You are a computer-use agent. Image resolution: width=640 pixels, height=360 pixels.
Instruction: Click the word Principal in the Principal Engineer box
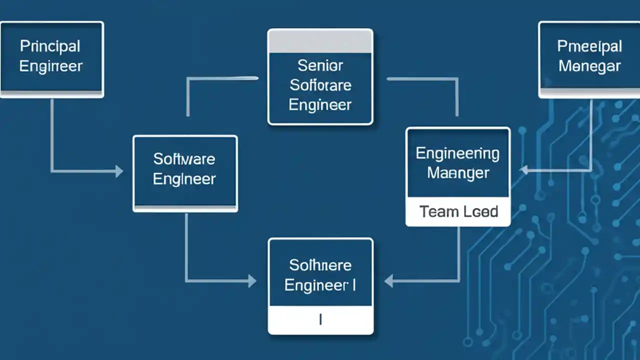tap(50, 46)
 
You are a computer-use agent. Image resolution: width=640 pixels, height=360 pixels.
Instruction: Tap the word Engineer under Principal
tap(50, 66)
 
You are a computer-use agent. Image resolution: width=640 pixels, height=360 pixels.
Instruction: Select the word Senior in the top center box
tap(320, 65)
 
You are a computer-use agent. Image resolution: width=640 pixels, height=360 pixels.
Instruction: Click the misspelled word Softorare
tap(320, 85)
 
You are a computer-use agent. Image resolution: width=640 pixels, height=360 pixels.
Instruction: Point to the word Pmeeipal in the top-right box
tap(589, 46)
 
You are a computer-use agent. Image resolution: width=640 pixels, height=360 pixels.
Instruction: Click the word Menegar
tap(589, 66)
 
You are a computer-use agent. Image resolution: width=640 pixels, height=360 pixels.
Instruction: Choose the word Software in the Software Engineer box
tap(184, 159)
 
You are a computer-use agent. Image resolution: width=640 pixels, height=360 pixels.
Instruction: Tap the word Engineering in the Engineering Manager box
tap(457, 153)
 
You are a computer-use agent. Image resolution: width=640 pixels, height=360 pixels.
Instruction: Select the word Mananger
tap(458, 173)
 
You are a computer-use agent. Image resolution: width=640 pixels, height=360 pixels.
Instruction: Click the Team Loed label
tap(458, 211)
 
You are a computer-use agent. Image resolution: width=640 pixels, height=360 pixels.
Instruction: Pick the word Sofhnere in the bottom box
tap(320, 265)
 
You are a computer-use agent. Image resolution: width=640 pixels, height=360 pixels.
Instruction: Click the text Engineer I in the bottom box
tap(320, 285)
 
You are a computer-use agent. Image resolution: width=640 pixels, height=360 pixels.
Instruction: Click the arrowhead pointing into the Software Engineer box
tap(119, 171)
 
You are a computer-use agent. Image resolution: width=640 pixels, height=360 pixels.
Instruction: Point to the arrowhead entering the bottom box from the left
tap(252, 281)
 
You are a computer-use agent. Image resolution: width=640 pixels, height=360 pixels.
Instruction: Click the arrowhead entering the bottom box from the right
tap(388, 281)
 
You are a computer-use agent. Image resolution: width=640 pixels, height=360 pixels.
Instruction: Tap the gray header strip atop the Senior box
tap(320, 41)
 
